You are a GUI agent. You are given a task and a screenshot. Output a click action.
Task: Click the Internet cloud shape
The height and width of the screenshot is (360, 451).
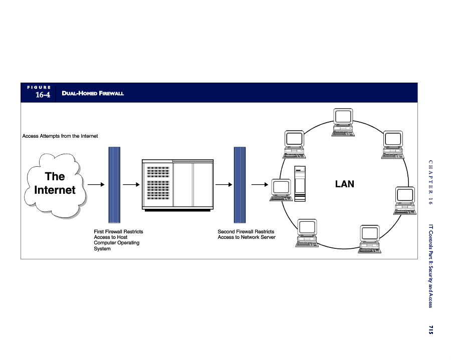[x=55, y=185]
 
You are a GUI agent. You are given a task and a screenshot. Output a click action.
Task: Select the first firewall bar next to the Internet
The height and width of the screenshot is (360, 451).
[x=114, y=185]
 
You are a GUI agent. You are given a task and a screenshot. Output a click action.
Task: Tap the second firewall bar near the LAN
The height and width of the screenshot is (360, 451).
[x=240, y=185]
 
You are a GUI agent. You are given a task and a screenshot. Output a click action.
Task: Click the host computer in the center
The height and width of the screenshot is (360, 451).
[x=178, y=185]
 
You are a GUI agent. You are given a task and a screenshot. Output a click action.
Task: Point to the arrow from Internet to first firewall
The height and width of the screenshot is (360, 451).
[x=96, y=184]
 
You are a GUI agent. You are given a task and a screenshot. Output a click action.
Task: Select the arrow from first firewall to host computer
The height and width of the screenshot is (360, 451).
[x=131, y=184]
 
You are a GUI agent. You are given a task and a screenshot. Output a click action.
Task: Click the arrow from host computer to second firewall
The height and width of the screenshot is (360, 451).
[x=223, y=184]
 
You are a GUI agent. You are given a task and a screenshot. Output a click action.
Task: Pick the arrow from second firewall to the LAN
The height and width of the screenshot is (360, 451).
[x=260, y=184]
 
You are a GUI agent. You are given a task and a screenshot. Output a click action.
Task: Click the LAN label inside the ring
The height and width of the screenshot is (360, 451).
[x=345, y=184]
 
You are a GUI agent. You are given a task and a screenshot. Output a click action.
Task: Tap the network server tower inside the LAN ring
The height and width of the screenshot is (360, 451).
[x=300, y=184]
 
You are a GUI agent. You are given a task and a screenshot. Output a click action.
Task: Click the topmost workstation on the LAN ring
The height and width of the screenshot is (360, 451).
[x=343, y=122]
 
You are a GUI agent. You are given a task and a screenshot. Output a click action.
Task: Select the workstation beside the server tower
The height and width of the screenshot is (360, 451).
[x=281, y=190]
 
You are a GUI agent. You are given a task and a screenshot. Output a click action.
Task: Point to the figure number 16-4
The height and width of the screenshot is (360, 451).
[x=43, y=95]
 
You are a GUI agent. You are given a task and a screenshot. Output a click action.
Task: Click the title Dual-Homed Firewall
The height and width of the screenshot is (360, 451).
[x=93, y=93]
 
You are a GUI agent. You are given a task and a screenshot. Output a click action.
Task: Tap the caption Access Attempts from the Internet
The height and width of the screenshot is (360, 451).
[x=60, y=136]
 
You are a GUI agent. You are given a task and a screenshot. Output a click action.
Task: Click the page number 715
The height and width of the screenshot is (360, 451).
[x=430, y=329]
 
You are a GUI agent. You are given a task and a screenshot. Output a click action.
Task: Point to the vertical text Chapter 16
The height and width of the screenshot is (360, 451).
[x=430, y=182]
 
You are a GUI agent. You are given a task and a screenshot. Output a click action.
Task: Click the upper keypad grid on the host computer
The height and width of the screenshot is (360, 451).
[x=158, y=172]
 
